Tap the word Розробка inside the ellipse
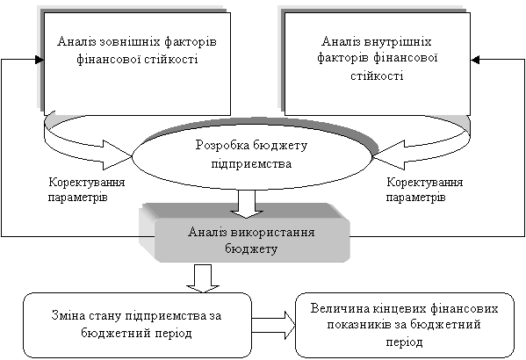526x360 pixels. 222,146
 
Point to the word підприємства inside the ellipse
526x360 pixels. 251,164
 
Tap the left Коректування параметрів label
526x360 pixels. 86,190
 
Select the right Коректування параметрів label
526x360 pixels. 424,190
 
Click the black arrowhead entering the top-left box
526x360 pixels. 40,60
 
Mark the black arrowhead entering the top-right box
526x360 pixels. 475,60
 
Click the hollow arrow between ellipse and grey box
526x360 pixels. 247,204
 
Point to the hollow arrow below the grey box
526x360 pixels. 203,278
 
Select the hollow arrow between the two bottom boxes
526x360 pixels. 273,325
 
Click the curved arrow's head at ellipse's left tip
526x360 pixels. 116,155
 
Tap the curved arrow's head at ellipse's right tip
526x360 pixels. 388,155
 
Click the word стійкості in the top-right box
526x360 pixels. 377,76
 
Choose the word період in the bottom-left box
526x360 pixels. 174,333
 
